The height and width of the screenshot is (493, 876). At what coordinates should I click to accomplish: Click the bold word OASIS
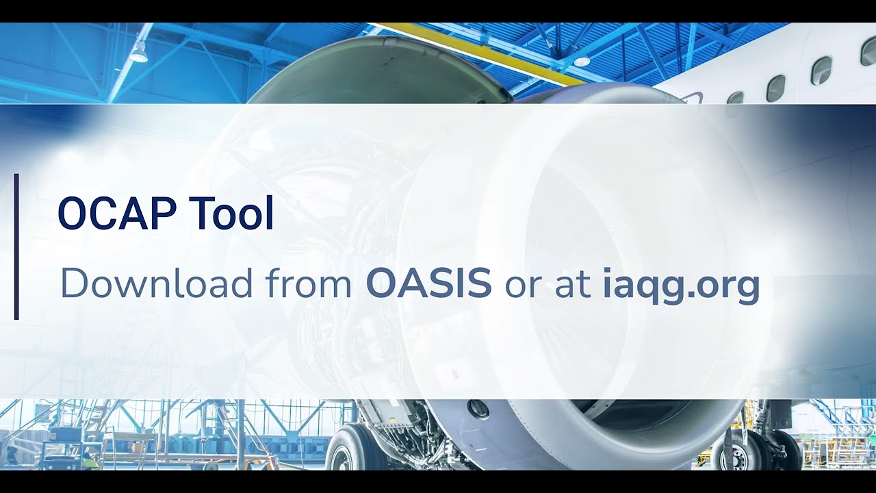[428, 283]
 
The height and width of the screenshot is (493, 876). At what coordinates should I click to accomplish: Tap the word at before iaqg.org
[573, 284]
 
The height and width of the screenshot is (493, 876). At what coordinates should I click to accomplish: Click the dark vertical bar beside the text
[16, 246]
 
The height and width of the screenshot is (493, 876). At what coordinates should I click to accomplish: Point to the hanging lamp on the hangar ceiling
[139, 52]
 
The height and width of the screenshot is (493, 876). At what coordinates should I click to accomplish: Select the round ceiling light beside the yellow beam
[582, 61]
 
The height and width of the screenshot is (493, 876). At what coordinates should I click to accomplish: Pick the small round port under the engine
[478, 409]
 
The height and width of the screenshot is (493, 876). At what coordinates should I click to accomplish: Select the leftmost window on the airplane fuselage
[736, 98]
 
